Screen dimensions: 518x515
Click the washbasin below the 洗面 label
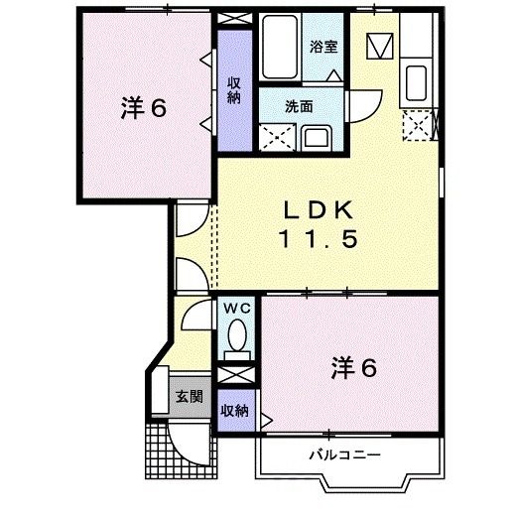[x=317, y=137]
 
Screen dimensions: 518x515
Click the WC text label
[x=237, y=310]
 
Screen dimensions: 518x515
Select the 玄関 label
[x=188, y=396]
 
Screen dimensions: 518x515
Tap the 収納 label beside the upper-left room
[x=234, y=90]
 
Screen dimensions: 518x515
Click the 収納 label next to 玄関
[x=234, y=409]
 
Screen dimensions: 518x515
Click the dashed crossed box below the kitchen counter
[x=418, y=123]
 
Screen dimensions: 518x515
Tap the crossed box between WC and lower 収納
[x=236, y=376]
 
